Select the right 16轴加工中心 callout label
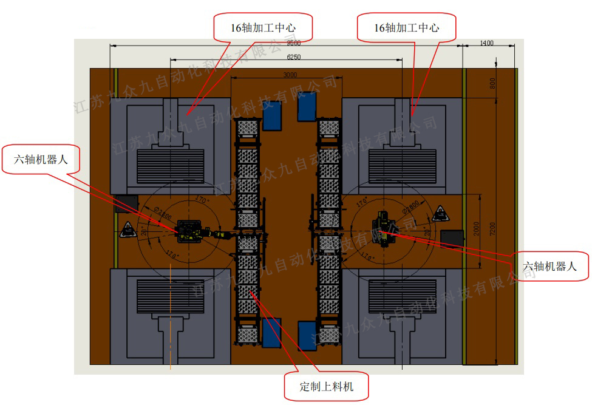pyautogui.click(x=406, y=28)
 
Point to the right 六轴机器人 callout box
pyautogui.click(x=549, y=265)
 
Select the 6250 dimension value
pyautogui.click(x=293, y=57)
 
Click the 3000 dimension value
pyautogui.click(x=290, y=75)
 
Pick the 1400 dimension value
pyautogui.click(x=486, y=43)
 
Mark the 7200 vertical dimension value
pyautogui.click(x=492, y=229)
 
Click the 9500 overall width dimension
pyautogui.click(x=293, y=43)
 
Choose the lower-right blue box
pyautogui.click(x=307, y=335)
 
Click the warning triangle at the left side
pyautogui.click(x=128, y=229)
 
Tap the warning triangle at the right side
pyautogui.click(x=440, y=213)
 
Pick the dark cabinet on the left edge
pyautogui.click(x=126, y=203)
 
